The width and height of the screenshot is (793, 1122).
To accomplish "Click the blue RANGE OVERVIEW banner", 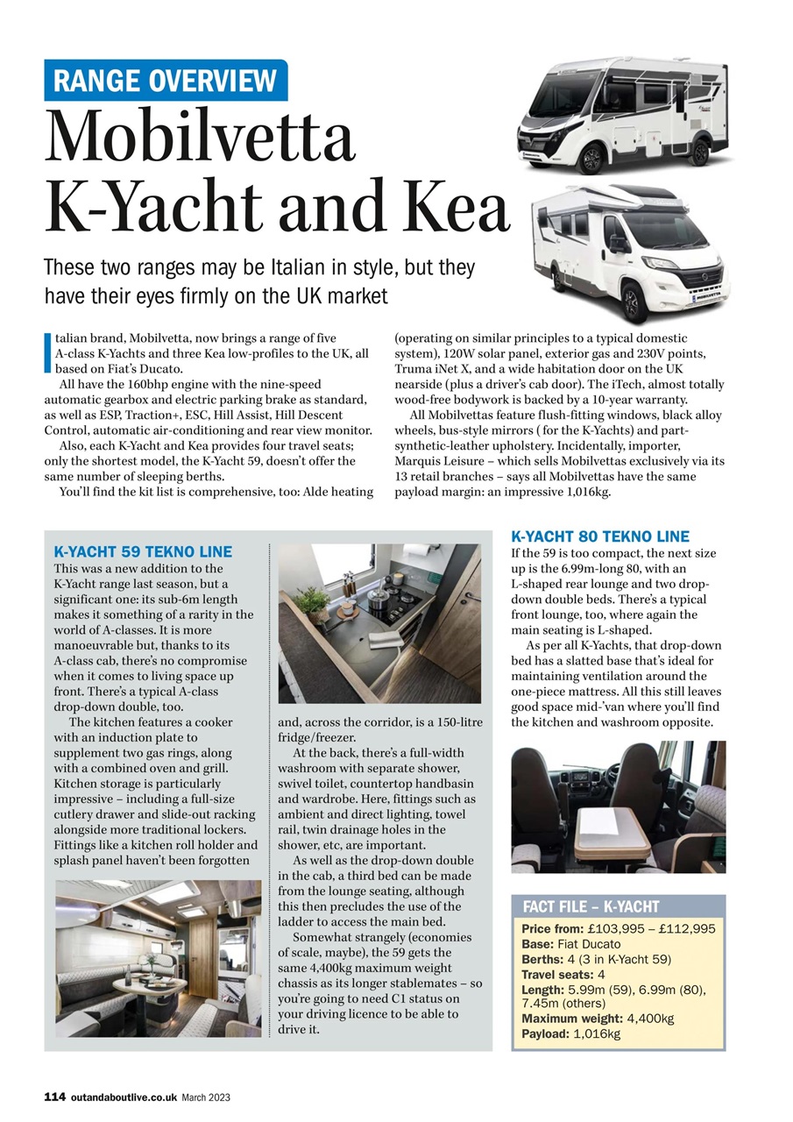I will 166,81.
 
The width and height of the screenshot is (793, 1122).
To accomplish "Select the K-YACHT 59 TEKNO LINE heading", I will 143,551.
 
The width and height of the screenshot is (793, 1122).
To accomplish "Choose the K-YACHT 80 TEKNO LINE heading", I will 600,536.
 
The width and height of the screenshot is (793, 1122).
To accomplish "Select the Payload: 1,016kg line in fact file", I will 570,1033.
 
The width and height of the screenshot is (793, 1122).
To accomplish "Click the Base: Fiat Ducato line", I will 570,944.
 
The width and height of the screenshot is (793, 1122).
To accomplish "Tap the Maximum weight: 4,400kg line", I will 598,1019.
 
